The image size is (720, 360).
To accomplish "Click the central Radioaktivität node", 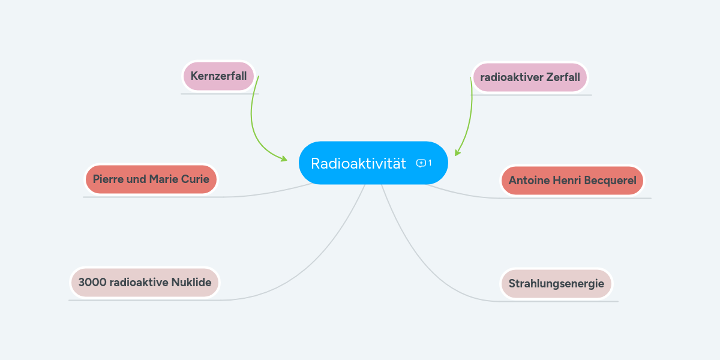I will tap(359, 163).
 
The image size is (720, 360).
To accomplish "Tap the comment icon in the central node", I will tap(421, 163).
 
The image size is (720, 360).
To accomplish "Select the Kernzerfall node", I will tap(218, 76).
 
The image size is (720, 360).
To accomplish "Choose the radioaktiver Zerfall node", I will tap(530, 77).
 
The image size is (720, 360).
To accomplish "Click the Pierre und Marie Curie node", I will tap(151, 179).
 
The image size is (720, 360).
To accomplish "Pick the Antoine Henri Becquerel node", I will tap(572, 181).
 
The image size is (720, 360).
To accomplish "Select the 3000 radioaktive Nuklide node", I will tap(145, 283).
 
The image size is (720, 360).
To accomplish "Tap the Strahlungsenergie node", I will tap(556, 284).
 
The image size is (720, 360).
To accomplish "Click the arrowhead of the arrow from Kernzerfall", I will tap(284, 159).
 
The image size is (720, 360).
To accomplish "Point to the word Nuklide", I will tap(191, 283).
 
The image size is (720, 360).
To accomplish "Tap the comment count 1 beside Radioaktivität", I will tap(430, 163).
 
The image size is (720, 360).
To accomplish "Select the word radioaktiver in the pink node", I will tap(511, 77).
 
